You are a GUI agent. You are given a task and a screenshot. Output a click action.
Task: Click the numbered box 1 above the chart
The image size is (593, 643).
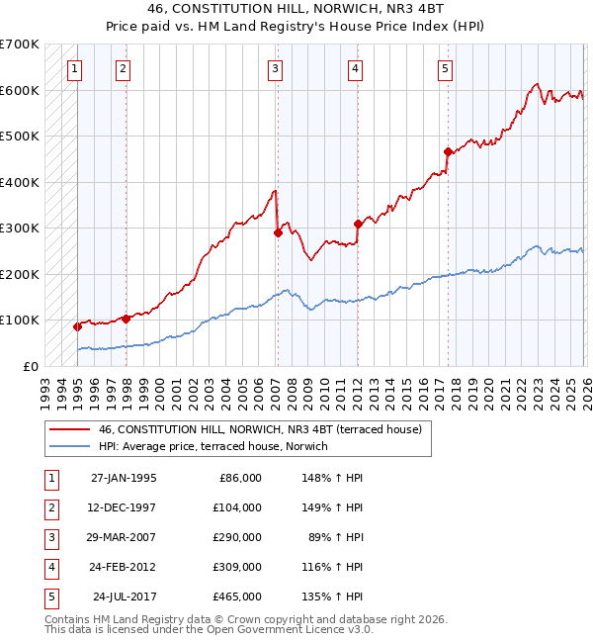click(75, 68)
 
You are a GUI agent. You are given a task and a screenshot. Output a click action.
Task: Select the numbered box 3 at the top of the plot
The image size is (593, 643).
click(274, 68)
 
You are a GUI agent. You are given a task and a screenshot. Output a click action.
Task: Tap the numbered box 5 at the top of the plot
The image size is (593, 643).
click(445, 68)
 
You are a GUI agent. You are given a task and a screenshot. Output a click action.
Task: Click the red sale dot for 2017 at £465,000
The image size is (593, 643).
click(448, 151)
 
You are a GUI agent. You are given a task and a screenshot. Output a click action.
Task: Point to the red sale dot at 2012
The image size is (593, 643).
click(358, 224)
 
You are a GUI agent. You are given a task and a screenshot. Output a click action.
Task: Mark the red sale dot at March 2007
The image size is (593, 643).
click(278, 232)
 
